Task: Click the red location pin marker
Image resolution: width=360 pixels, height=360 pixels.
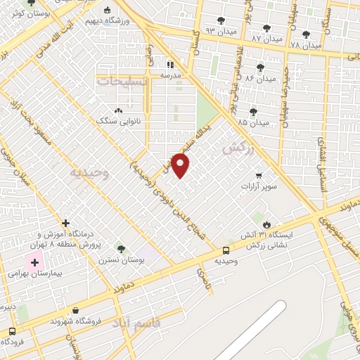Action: tap(181, 165)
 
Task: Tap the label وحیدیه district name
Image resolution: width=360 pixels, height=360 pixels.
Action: tap(90, 172)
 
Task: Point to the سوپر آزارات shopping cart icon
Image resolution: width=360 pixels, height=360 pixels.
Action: tap(259, 175)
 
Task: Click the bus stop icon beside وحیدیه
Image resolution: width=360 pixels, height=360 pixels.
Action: tap(226, 250)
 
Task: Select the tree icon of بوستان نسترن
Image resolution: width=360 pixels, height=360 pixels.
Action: tap(121, 249)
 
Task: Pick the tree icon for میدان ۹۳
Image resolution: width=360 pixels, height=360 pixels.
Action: tap(221, 21)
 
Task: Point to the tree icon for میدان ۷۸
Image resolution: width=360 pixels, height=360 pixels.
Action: tap(305, 34)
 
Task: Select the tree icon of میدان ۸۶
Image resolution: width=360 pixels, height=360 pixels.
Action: tap(260, 67)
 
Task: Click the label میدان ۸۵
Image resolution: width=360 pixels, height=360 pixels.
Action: tap(253, 122)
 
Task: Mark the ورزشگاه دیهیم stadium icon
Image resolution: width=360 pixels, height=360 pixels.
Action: tap(107, 11)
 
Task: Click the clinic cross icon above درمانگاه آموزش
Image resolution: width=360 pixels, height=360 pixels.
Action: tap(65, 223)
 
